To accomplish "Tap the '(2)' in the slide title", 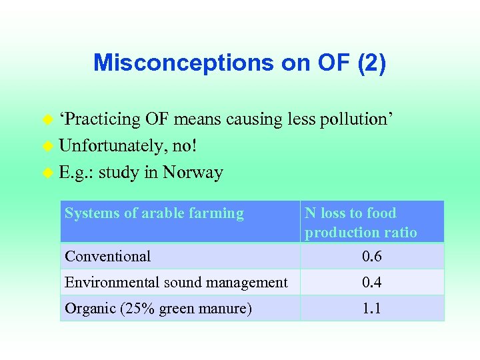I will pos(371,63).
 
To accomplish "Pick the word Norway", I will pos(193,173).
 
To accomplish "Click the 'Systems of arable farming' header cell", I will pos(154,213).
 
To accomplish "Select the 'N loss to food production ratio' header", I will pos(361,223).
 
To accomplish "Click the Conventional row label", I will pos(107,256).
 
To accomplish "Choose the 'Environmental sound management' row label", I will pos(176,283).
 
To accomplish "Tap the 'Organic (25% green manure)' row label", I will pos(158,309).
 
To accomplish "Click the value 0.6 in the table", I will pos(371,257).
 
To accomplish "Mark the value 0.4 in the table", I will pos(371,283).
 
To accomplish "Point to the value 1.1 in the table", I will pos(371,309).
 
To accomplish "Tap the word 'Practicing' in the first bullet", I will pos(101,119).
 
